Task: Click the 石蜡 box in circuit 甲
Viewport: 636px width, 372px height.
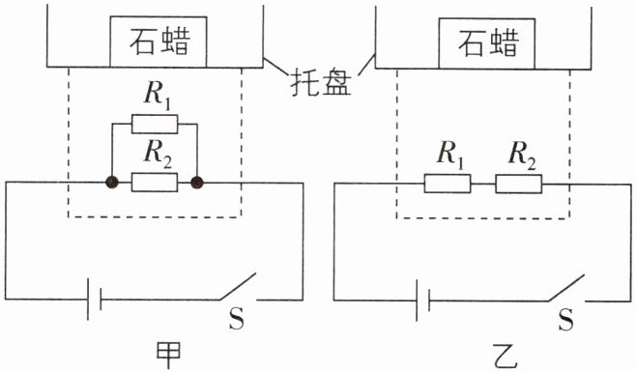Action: pos(159,42)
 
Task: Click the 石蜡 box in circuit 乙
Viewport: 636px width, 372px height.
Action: pos(487,43)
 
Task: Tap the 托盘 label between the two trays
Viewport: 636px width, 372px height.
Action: pos(321,84)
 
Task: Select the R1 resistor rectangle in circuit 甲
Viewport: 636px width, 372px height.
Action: pos(155,124)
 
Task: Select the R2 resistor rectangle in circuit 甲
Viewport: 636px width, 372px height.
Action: pos(155,183)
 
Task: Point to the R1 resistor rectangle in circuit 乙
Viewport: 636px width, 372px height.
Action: pos(448,184)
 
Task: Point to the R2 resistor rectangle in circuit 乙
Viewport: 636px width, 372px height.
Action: pos(518,185)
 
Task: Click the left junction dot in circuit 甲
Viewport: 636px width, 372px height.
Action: pos(112,183)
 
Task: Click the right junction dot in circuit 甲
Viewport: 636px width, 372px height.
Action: pos(197,183)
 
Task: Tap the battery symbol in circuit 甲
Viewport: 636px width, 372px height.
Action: pos(94,300)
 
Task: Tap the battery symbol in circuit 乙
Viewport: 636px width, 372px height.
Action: pos(422,300)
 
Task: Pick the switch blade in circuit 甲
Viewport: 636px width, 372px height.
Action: pos(238,287)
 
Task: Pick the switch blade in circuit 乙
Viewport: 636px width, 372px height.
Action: pos(566,288)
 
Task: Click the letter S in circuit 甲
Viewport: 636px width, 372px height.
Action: pos(237,319)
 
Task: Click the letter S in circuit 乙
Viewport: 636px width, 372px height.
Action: pos(565,320)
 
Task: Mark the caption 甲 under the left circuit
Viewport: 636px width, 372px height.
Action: pos(168,355)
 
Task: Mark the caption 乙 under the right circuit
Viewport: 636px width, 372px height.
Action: pos(505,357)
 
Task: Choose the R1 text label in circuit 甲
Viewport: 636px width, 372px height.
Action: pos(157,98)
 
